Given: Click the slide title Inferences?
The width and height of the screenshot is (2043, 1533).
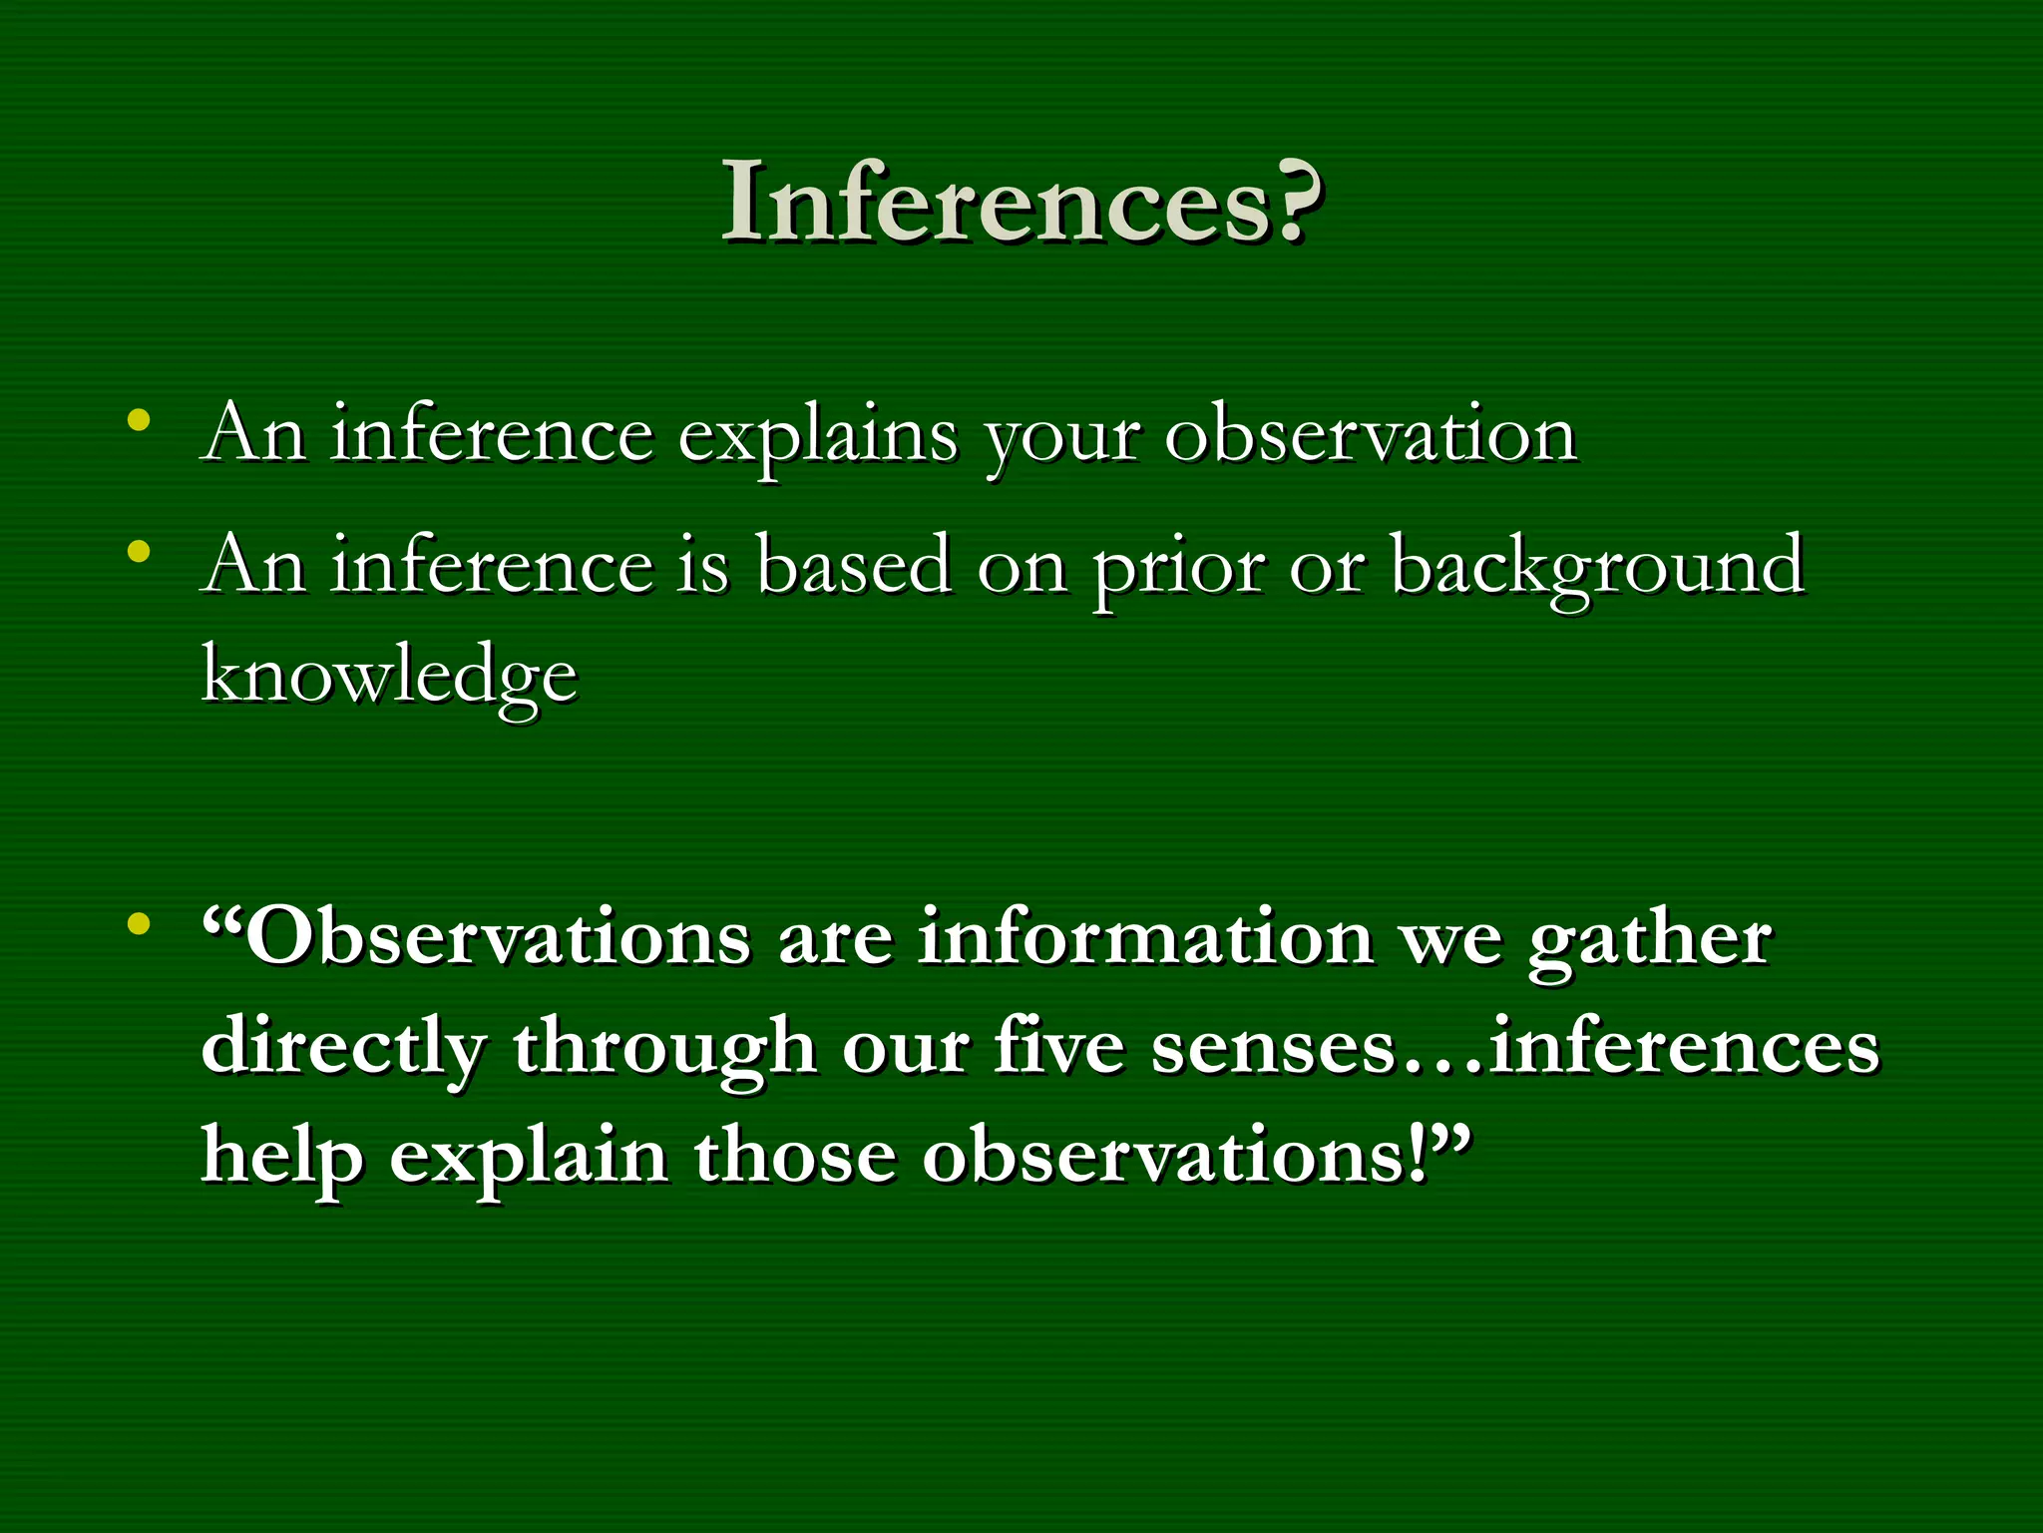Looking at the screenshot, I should [x=1021, y=203].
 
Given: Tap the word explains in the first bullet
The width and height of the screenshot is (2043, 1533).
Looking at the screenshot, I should [x=817, y=436].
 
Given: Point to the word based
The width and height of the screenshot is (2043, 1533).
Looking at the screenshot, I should [x=853, y=566].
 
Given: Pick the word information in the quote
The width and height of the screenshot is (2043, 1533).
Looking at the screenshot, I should [x=1145, y=938].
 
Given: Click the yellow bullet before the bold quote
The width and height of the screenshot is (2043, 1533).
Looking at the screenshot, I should [x=139, y=922].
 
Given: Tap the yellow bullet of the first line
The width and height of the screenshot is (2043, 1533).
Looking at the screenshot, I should [x=139, y=419].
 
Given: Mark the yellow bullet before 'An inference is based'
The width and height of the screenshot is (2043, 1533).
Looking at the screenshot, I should [x=139, y=551].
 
